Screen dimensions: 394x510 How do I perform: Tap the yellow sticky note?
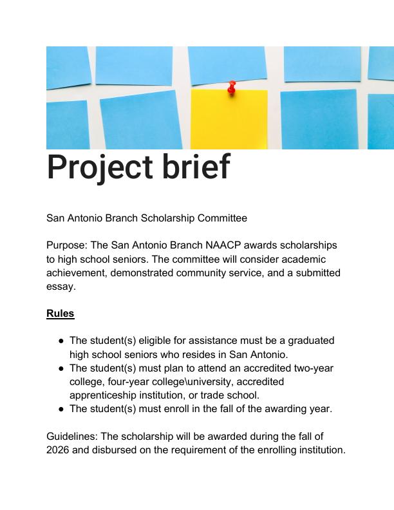tap(229, 119)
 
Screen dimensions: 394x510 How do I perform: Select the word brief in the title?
tap(196, 166)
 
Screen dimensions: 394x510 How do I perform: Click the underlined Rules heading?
tap(61, 313)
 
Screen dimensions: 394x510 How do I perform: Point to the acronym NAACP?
tap(223, 245)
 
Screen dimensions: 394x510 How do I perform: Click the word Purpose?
tap(67, 245)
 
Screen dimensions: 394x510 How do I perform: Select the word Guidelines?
tap(72, 436)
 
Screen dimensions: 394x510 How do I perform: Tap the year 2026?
tap(58, 450)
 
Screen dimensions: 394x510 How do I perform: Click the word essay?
tap(61, 287)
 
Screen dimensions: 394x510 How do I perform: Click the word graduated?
tap(311, 341)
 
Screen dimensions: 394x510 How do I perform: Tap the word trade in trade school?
tap(212, 395)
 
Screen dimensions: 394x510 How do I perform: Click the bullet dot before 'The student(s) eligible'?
tap(61, 341)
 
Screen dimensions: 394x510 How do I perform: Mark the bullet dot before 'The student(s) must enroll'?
tap(61, 409)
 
